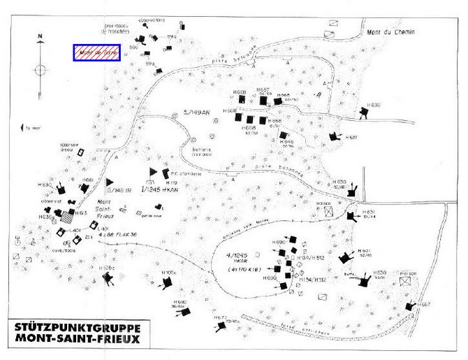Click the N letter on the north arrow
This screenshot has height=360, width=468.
41,36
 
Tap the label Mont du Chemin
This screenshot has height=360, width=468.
388,34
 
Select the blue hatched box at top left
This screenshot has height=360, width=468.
98,52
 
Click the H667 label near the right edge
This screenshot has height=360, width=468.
425,304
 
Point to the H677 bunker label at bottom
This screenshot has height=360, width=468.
221,317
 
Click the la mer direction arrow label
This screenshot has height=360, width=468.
32,129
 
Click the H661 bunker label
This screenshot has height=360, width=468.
87,180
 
